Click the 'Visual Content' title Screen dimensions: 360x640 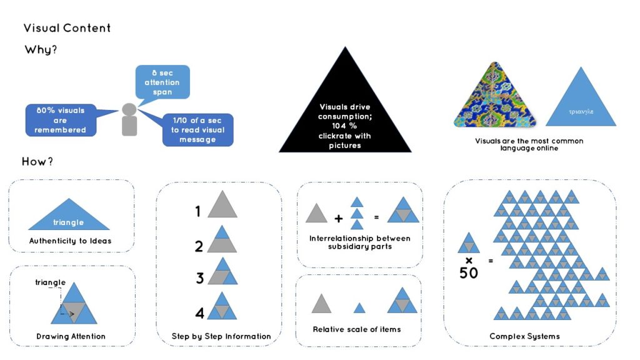coord(67,28)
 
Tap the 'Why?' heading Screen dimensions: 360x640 coord(41,50)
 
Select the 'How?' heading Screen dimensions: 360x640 coord(37,161)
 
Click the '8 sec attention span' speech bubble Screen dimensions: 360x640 coord(162,82)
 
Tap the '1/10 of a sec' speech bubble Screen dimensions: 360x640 coord(197,130)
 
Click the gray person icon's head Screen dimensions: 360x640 coord(129,109)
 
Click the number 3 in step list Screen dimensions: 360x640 coord(200,278)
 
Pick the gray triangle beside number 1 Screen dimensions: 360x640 coord(222,206)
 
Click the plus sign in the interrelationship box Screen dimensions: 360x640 coord(339,219)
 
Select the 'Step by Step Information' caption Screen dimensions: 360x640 coord(221,336)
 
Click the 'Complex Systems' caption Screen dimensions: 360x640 coord(524,336)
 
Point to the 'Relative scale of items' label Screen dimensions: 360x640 coord(357,329)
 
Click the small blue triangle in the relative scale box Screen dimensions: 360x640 coord(359,307)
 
